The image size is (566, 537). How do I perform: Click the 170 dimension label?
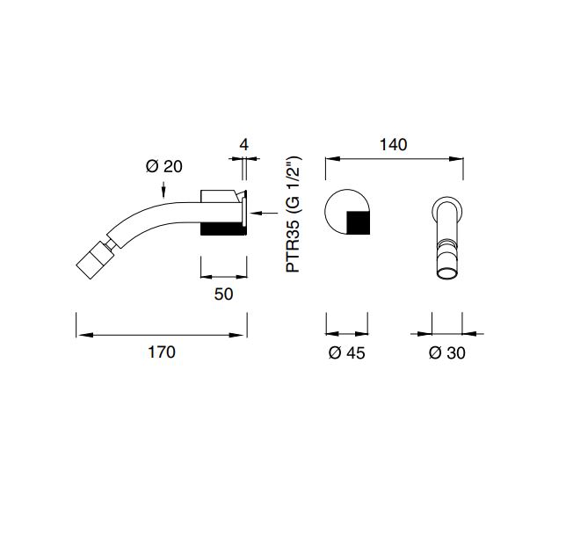click(162, 352)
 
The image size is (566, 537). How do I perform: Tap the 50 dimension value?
click(223, 294)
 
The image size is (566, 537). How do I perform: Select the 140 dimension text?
click(394, 145)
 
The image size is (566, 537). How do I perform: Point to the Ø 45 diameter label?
click(347, 352)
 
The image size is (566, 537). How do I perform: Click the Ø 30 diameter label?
click(447, 352)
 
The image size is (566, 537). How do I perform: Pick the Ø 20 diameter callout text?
click(164, 166)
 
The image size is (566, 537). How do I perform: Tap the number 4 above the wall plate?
click(244, 145)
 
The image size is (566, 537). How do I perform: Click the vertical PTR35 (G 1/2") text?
click(293, 214)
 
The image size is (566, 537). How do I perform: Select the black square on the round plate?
click(358, 222)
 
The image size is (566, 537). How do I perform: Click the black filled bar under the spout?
click(223, 229)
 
